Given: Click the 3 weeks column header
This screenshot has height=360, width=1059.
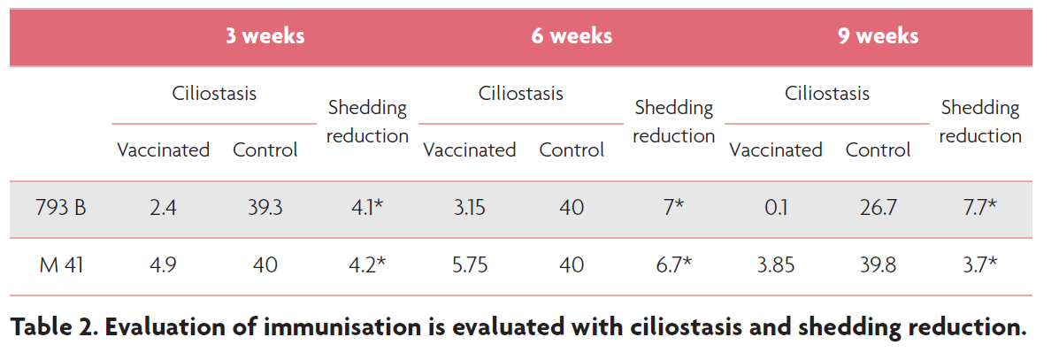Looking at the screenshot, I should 265,36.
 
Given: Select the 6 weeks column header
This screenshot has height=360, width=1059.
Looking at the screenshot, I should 572,36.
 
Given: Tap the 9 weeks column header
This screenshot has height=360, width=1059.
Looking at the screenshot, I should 878,36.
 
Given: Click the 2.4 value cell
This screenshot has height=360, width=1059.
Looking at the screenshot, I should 163,209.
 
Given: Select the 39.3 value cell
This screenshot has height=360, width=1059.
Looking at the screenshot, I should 265,209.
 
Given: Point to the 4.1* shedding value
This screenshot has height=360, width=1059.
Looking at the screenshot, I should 367,209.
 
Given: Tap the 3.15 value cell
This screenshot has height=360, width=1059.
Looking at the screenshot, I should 470,209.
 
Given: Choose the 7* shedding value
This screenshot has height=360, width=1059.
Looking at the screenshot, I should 673,209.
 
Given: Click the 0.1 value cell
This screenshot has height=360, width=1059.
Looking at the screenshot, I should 776,209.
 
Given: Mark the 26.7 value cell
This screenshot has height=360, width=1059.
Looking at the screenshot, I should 878,209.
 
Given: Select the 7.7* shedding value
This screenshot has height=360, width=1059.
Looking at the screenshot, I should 980,209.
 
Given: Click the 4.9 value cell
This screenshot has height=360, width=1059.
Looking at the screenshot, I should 163,264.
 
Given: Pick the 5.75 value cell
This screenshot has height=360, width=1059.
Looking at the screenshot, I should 470,264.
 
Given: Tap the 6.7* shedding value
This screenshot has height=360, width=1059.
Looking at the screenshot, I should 673,264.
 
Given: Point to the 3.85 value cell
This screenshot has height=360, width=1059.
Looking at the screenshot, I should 776,264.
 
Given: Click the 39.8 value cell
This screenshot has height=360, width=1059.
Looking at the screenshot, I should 878,264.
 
